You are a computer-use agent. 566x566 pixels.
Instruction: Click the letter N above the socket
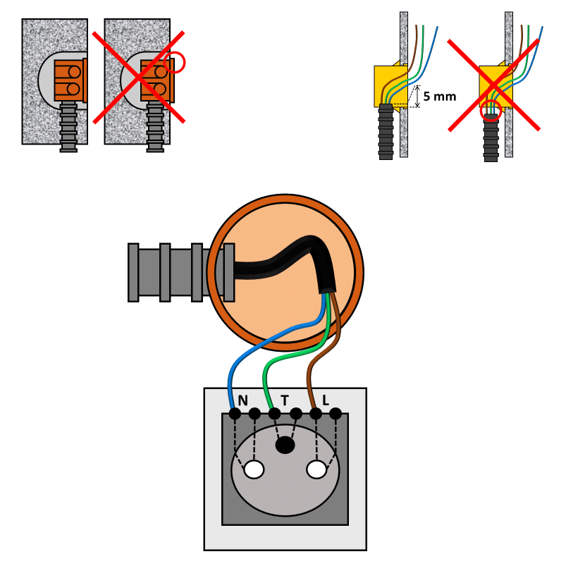pos(243,400)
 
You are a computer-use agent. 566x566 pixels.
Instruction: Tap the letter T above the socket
pos(285,400)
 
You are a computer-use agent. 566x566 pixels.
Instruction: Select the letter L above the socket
pos(325,400)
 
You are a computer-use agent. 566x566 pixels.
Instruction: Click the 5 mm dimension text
pos(440,97)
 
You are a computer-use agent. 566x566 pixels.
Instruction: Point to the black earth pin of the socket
pos(285,445)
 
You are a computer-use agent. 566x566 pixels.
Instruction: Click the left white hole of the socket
pos(254,469)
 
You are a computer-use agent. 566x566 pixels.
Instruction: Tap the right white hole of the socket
pos(316,469)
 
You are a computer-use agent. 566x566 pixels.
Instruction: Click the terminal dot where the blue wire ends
pos(235,414)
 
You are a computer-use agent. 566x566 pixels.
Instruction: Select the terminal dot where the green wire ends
pos(274,414)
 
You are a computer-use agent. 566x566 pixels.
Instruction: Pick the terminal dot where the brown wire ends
pos(316,414)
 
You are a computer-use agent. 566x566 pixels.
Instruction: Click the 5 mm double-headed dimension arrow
pos(418,97)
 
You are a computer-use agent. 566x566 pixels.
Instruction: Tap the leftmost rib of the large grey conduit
pos(133,273)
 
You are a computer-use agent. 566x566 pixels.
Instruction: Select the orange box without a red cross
pos(70,80)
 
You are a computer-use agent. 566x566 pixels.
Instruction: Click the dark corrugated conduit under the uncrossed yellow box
pos(386,132)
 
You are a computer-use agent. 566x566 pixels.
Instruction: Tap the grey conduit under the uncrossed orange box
pos(68,127)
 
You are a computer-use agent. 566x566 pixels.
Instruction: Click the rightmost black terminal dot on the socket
pos(336,414)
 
